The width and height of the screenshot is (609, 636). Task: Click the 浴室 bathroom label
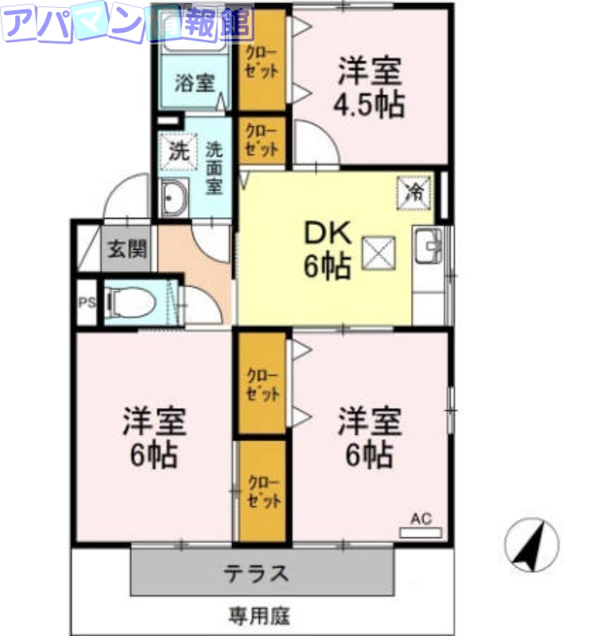point(194,83)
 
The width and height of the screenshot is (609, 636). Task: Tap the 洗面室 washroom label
point(214,168)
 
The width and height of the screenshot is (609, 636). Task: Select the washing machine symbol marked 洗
point(178,151)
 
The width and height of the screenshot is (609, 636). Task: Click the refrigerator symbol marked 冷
point(414,193)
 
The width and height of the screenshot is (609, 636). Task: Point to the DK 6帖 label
point(328,250)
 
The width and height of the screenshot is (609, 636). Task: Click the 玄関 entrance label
point(127,249)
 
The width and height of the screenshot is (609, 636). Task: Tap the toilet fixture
point(130,303)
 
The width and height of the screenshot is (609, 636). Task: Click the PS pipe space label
point(87,302)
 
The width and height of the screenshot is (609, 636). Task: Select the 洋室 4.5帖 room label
point(370,87)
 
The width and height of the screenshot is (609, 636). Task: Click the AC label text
point(421,518)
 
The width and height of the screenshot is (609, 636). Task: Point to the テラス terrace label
point(257,573)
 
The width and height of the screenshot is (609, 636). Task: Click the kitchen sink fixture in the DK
point(429,245)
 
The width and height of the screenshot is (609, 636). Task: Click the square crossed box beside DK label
point(378,254)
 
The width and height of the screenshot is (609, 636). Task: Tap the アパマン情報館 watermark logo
point(127,23)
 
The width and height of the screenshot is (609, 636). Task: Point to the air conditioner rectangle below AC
point(421,533)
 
